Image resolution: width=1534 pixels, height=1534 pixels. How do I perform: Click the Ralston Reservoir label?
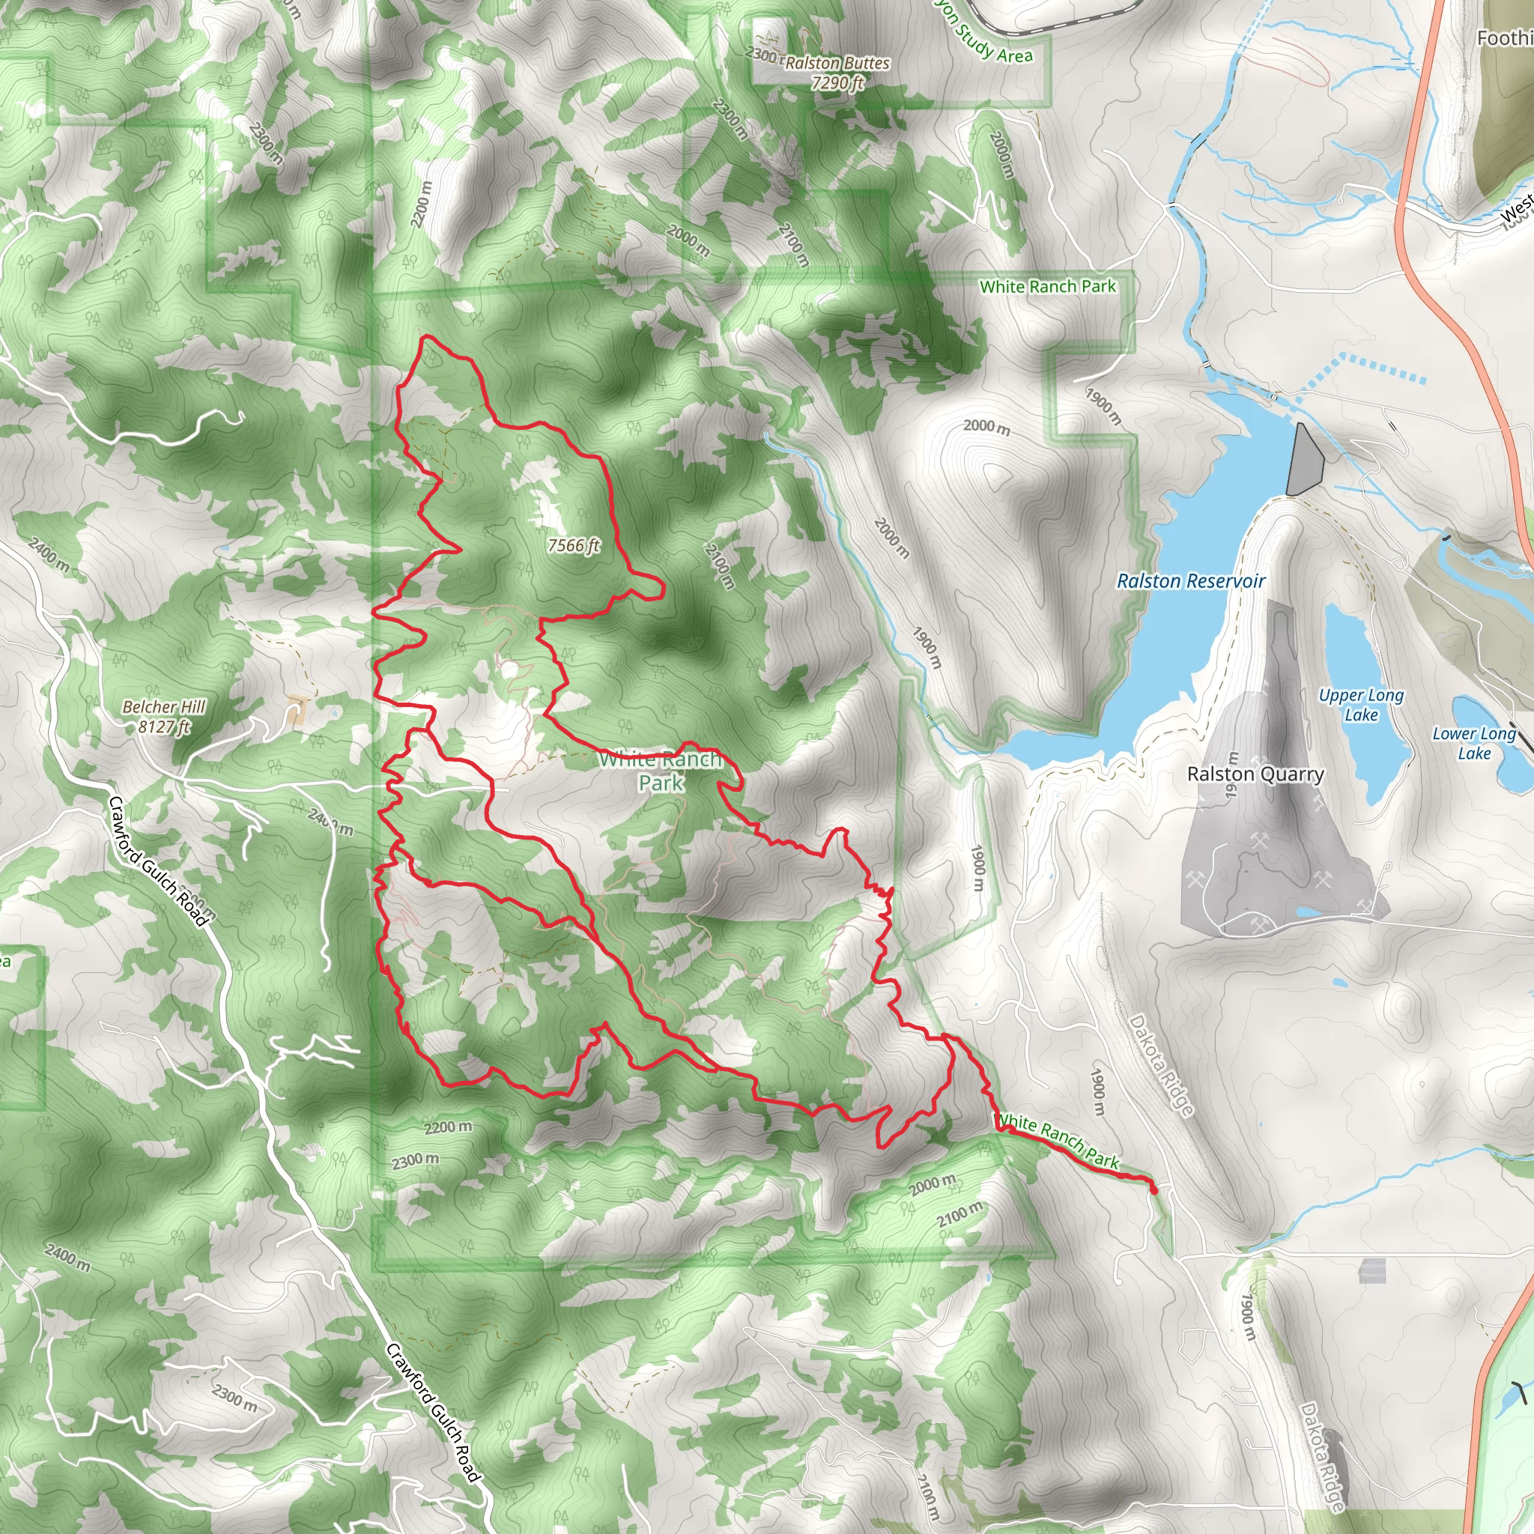coord(1190,581)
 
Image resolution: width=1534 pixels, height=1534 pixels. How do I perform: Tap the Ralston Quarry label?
coord(1255,774)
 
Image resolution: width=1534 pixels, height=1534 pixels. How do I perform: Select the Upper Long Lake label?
coord(1361,704)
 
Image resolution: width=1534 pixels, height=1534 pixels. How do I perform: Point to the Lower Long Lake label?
coord(1473,743)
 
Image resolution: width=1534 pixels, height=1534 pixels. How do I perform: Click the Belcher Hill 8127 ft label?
coord(163,716)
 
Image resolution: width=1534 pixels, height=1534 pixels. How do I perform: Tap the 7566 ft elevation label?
coord(573,545)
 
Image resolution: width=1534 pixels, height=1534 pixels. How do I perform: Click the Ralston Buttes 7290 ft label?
coord(837,72)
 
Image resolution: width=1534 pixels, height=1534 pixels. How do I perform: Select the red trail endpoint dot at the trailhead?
coord(1153,1189)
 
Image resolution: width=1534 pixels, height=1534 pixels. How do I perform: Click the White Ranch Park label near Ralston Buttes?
coord(1047,287)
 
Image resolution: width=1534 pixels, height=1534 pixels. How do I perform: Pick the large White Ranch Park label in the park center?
coord(661,771)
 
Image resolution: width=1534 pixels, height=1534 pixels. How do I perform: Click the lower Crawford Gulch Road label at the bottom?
coord(433,1413)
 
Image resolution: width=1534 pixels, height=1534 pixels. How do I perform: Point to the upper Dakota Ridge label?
coord(1161,1067)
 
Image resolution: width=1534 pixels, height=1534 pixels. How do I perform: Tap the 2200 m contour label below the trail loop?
coord(448,1127)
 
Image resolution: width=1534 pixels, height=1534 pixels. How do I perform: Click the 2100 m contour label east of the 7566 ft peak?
coord(718,566)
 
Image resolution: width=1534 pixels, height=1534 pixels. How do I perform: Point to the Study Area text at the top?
coord(993,44)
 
